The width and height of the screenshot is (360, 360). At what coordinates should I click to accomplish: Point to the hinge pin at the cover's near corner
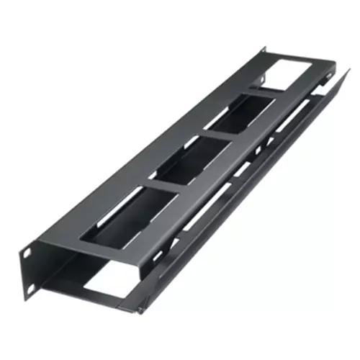point(135,312)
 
